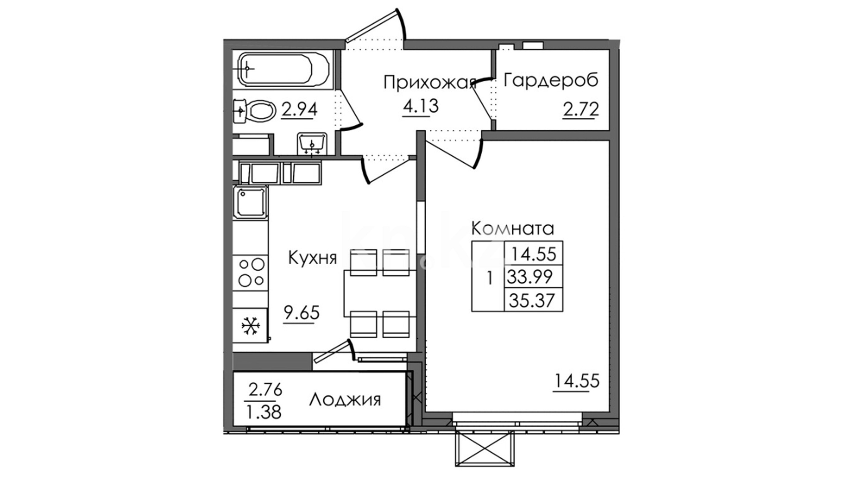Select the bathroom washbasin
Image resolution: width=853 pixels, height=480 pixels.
[313, 143]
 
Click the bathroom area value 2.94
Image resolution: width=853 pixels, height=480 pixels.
[299, 109]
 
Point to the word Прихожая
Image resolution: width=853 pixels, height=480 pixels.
[430, 83]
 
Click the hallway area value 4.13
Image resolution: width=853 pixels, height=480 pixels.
[420, 106]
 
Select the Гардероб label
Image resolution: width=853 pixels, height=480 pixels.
[551, 80]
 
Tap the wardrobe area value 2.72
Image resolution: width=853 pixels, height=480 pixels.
[581, 109]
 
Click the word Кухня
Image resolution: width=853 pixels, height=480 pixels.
[313, 258]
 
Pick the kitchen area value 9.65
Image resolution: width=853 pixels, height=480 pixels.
[302, 313]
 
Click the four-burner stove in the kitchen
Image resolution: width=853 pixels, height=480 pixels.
[251, 272]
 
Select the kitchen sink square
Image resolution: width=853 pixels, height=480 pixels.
[251, 202]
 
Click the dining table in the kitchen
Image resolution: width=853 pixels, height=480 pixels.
[380, 293]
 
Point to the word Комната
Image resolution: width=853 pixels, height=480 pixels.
[512, 229]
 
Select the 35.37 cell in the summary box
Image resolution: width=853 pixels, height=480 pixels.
[534, 300]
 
